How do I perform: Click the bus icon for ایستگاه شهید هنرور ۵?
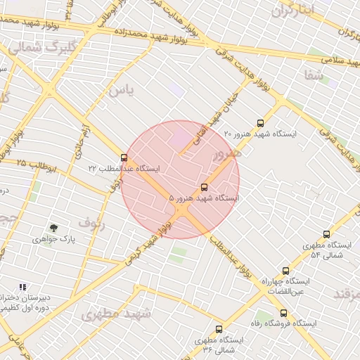[x=205, y=188]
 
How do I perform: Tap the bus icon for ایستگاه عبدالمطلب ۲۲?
[x=124, y=157]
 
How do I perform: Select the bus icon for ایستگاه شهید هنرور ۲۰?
[x=261, y=122]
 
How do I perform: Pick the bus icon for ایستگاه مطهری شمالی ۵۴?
[x=326, y=234]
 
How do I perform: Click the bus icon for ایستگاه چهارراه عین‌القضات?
[x=285, y=271]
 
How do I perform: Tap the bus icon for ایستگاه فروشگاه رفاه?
[x=283, y=313]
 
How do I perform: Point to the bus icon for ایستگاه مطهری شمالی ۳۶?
[x=219, y=329]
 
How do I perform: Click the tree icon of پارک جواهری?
[x=53, y=227]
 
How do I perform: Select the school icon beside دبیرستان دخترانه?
[x=22, y=288]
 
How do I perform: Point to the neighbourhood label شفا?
[x=314, y=74]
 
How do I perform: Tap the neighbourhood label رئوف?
[x=91, y=223]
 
